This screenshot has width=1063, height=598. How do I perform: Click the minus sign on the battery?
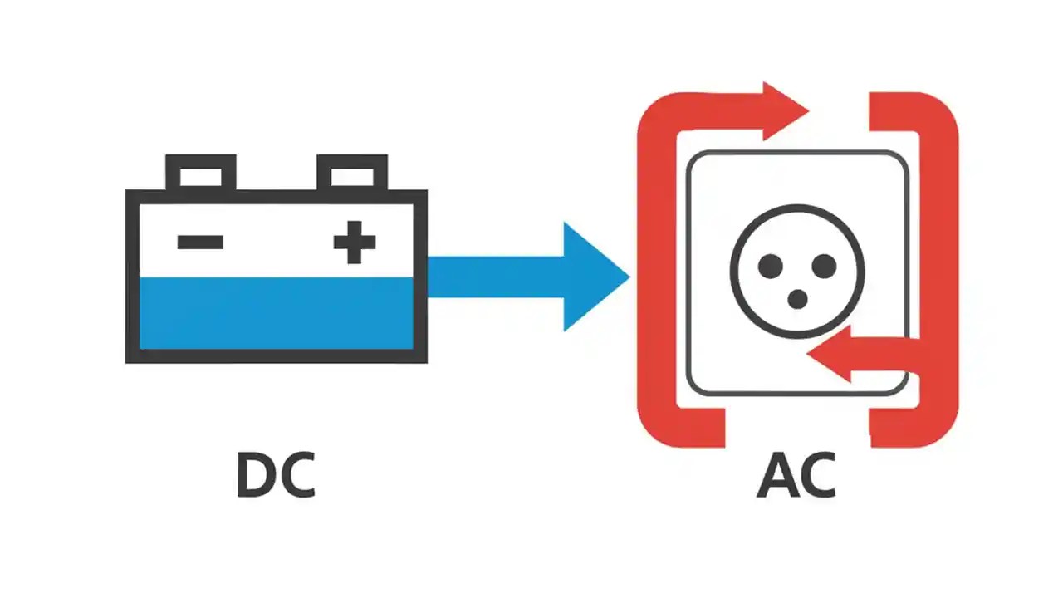point(200,243)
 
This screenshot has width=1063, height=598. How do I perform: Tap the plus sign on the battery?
point(355,243)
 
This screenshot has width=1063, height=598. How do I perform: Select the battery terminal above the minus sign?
point(200,174)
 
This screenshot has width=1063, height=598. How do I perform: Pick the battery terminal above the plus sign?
point(352,174)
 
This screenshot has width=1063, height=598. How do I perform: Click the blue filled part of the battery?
point(276,313)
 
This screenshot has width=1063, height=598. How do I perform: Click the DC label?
point(276,476)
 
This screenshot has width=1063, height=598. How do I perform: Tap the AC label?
point(796,476)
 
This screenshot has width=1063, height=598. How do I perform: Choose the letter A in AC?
point(776,476)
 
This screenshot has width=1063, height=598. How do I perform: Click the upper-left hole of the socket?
point(771,267)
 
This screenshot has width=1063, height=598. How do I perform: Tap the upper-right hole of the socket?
point(824,267)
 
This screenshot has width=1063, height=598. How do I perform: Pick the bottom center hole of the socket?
point(797,299)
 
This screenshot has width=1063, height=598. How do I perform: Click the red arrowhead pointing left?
point(830,353)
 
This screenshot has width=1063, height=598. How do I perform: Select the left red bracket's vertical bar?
point(656,274)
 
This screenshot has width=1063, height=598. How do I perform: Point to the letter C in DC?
point(297,476)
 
